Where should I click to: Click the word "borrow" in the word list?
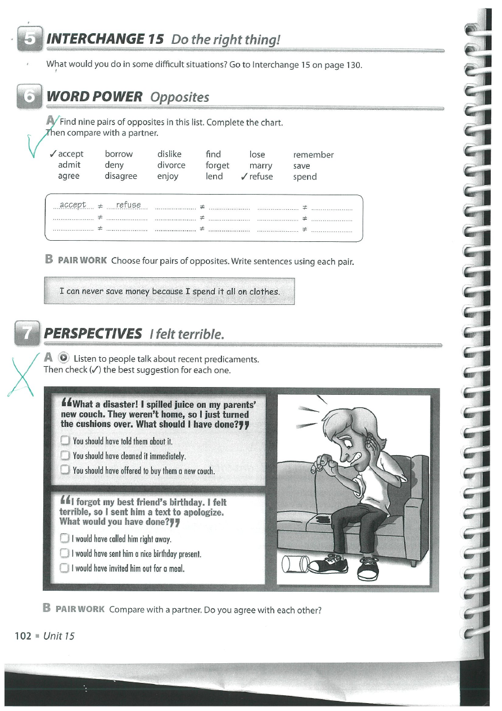tap(119, 154)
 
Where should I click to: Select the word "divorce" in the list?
tap(171, 165)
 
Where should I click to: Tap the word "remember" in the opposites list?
tap(313, 155)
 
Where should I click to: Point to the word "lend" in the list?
tap(214, 177)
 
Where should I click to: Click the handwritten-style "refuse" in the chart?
tap(129, 205)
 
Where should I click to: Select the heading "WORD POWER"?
tap(94, 97)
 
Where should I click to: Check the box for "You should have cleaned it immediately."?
tap(65, 456)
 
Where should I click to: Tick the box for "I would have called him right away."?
tap(64, 539)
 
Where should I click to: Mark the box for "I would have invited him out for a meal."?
tap(64, 568)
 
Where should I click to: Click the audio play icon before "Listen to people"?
tap(64, 359)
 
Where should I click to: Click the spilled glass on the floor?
tap(293, 563)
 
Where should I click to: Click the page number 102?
tap(23, 636)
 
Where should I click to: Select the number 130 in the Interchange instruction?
tap(353, 65)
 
